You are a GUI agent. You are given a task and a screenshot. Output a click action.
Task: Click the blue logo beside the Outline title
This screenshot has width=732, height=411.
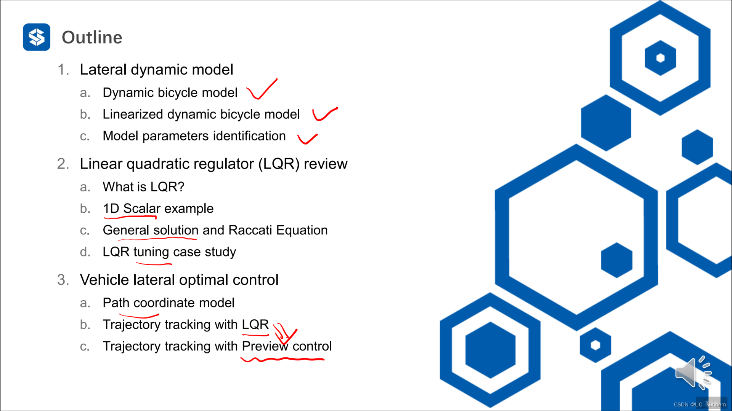click(x=37, y=37)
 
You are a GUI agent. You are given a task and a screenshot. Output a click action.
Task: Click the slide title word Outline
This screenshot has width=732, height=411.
click(x=92, y=37)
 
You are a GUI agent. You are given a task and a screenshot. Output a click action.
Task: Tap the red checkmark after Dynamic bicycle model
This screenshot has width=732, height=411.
click(x=262, y=90)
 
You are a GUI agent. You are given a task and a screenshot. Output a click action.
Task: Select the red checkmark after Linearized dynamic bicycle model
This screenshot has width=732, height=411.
click(x=324, y=114)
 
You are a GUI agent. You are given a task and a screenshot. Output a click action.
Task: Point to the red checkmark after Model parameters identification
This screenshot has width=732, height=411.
click(x=307, y=139)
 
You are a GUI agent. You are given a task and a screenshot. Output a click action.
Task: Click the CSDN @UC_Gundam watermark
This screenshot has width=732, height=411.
click(x=700, y=405)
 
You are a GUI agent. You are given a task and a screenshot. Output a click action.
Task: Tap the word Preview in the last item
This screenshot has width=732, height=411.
click(x=265, y=346)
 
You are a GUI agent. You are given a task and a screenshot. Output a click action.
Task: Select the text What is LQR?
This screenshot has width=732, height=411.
click(x=143, y=187)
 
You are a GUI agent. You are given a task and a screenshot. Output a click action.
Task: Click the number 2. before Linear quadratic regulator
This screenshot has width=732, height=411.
click(x=63, y=164)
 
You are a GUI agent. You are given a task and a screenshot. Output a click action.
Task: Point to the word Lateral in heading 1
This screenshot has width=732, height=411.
click(x=103, y=70)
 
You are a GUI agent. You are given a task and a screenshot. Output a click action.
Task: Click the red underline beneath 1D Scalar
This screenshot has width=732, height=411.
click(x=130, y=217)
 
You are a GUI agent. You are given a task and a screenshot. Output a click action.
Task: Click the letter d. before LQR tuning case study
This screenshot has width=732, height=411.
click(x=85, y=252)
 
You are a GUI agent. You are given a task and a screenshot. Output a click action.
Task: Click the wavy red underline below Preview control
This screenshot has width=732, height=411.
click(x=282, y=359)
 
